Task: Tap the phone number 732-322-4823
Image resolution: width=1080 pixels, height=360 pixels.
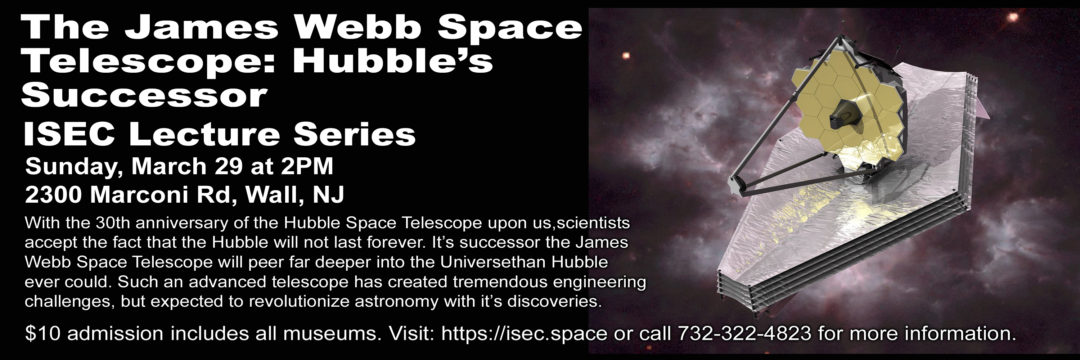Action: pos(728,335)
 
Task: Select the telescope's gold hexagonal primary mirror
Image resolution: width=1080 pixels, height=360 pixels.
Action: pos(849,109)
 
